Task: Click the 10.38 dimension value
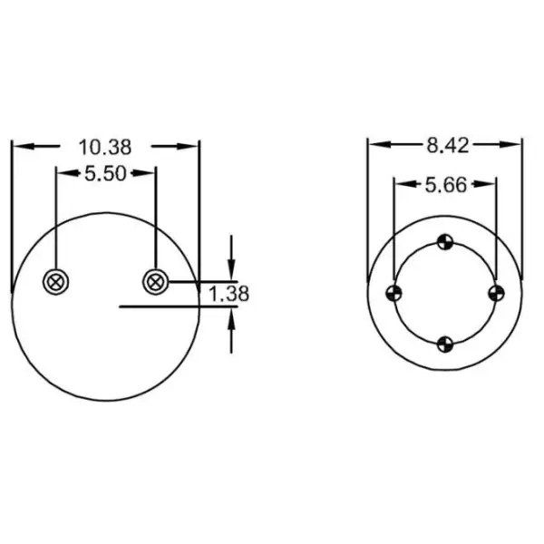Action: coord(105,146)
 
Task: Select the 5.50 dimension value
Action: coord(105,173)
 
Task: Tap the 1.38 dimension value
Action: coord(228,294)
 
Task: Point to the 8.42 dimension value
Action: coord(445,144)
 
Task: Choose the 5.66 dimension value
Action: coord(445,185)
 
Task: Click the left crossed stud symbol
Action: coord(56,282)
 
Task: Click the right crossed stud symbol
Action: coord(155,282)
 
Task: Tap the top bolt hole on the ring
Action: coord(444,241)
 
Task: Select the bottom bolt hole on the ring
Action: coord(444,344)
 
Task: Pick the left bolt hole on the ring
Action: coord(393,292)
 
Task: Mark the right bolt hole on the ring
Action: coord(495,292)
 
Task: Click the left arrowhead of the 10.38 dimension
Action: coord(18,145)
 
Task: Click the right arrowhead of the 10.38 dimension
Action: coord(192,145)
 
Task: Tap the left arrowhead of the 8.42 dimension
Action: coord(374,144)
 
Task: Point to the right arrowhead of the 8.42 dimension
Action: coord(516,144)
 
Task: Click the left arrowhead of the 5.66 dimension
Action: coord(400,184)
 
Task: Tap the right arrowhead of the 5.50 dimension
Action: coord(149,172)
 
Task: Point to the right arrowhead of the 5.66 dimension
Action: coord(490,184)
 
